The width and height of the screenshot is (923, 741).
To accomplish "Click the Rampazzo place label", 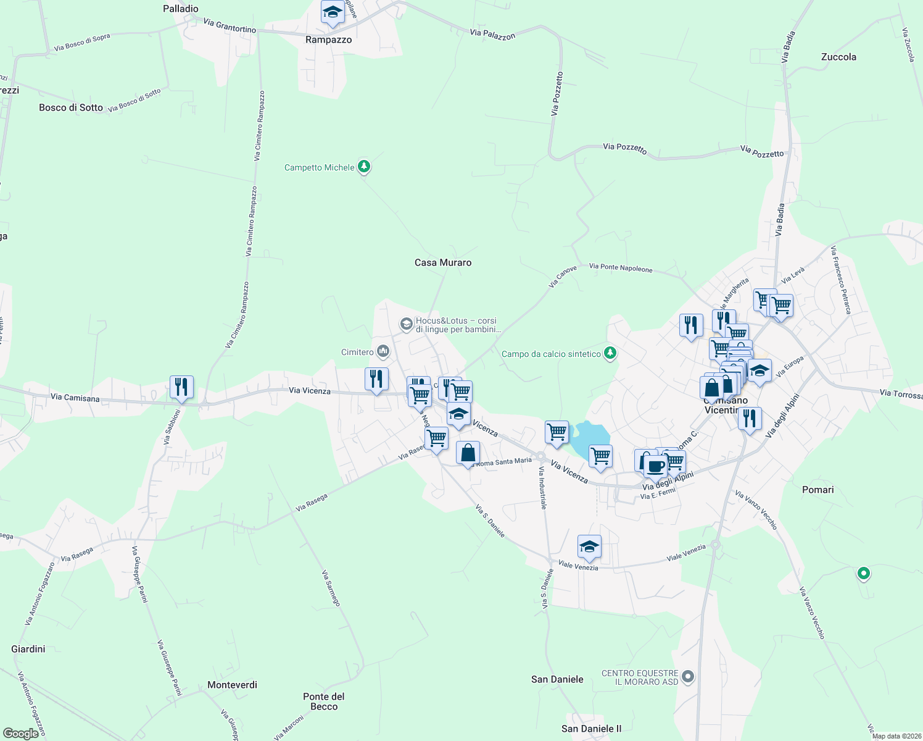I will tap(328, 40).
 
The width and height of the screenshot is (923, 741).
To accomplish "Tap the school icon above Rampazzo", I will tap(333, 12).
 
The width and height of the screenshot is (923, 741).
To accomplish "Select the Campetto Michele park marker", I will tap(364, 166).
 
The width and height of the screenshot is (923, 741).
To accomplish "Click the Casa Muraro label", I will tap(443, 262).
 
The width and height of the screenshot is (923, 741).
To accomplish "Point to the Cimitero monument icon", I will tap(383, 352).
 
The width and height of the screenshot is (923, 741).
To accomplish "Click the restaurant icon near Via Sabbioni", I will tap(181, 387).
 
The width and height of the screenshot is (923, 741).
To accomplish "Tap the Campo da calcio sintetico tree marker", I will tap(610, 353).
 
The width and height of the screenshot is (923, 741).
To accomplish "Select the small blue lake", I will tap(590, 437).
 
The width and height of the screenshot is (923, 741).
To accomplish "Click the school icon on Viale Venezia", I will tap(589, 546).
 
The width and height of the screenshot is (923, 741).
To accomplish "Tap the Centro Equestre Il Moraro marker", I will tap(689, 677).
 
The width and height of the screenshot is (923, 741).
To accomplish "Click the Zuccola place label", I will tap(838, 57).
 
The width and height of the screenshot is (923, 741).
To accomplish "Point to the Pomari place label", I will tap(818, 490).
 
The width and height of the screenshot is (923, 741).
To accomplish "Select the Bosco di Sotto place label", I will tap(71, 107).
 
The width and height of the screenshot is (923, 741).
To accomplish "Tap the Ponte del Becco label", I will tap(324, 701).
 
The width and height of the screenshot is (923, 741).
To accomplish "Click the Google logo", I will tap(21, 733).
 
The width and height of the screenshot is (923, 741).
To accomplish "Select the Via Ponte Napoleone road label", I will tap(621, 267).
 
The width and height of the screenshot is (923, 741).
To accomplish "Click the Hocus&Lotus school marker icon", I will tap(406, 324).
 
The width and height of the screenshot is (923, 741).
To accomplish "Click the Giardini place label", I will tap(28, 649).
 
